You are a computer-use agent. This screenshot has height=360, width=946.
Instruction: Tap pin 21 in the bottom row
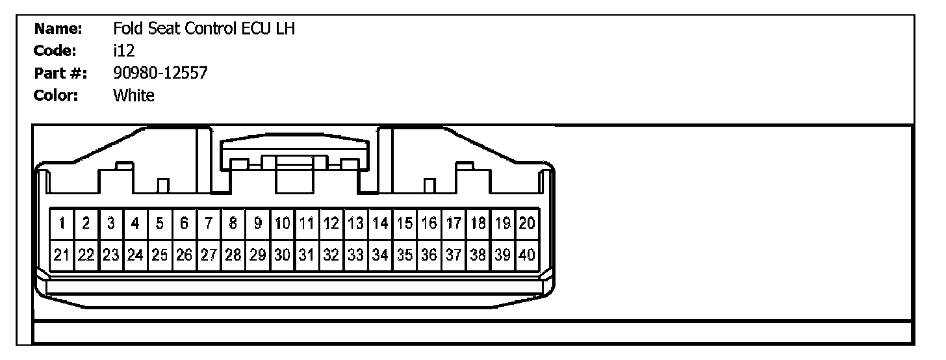click(x=62, y=255)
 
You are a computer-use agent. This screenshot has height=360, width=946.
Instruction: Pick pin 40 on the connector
click(x=527, y=255)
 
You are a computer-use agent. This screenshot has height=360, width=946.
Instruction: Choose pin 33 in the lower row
click(x=355, y=255)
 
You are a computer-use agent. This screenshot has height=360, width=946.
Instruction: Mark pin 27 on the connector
click(x=209, y=255)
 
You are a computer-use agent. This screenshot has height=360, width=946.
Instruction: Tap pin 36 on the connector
click(x=429, y=255)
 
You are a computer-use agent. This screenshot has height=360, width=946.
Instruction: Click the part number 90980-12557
click(x=160, y=73)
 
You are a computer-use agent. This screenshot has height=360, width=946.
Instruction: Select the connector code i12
click(x=123, y=51)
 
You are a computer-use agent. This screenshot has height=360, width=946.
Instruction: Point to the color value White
click(x=134, y=96)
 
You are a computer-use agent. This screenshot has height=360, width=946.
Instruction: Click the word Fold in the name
click(x=126, y=29)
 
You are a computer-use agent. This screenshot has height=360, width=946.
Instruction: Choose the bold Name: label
click(x=58, y=29)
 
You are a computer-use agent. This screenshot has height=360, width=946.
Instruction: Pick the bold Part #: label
click(x=60, y=73)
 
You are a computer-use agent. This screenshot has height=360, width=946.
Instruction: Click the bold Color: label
click(x=57, y=96)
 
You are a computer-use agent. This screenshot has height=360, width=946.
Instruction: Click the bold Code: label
click(x=56, y=51)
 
